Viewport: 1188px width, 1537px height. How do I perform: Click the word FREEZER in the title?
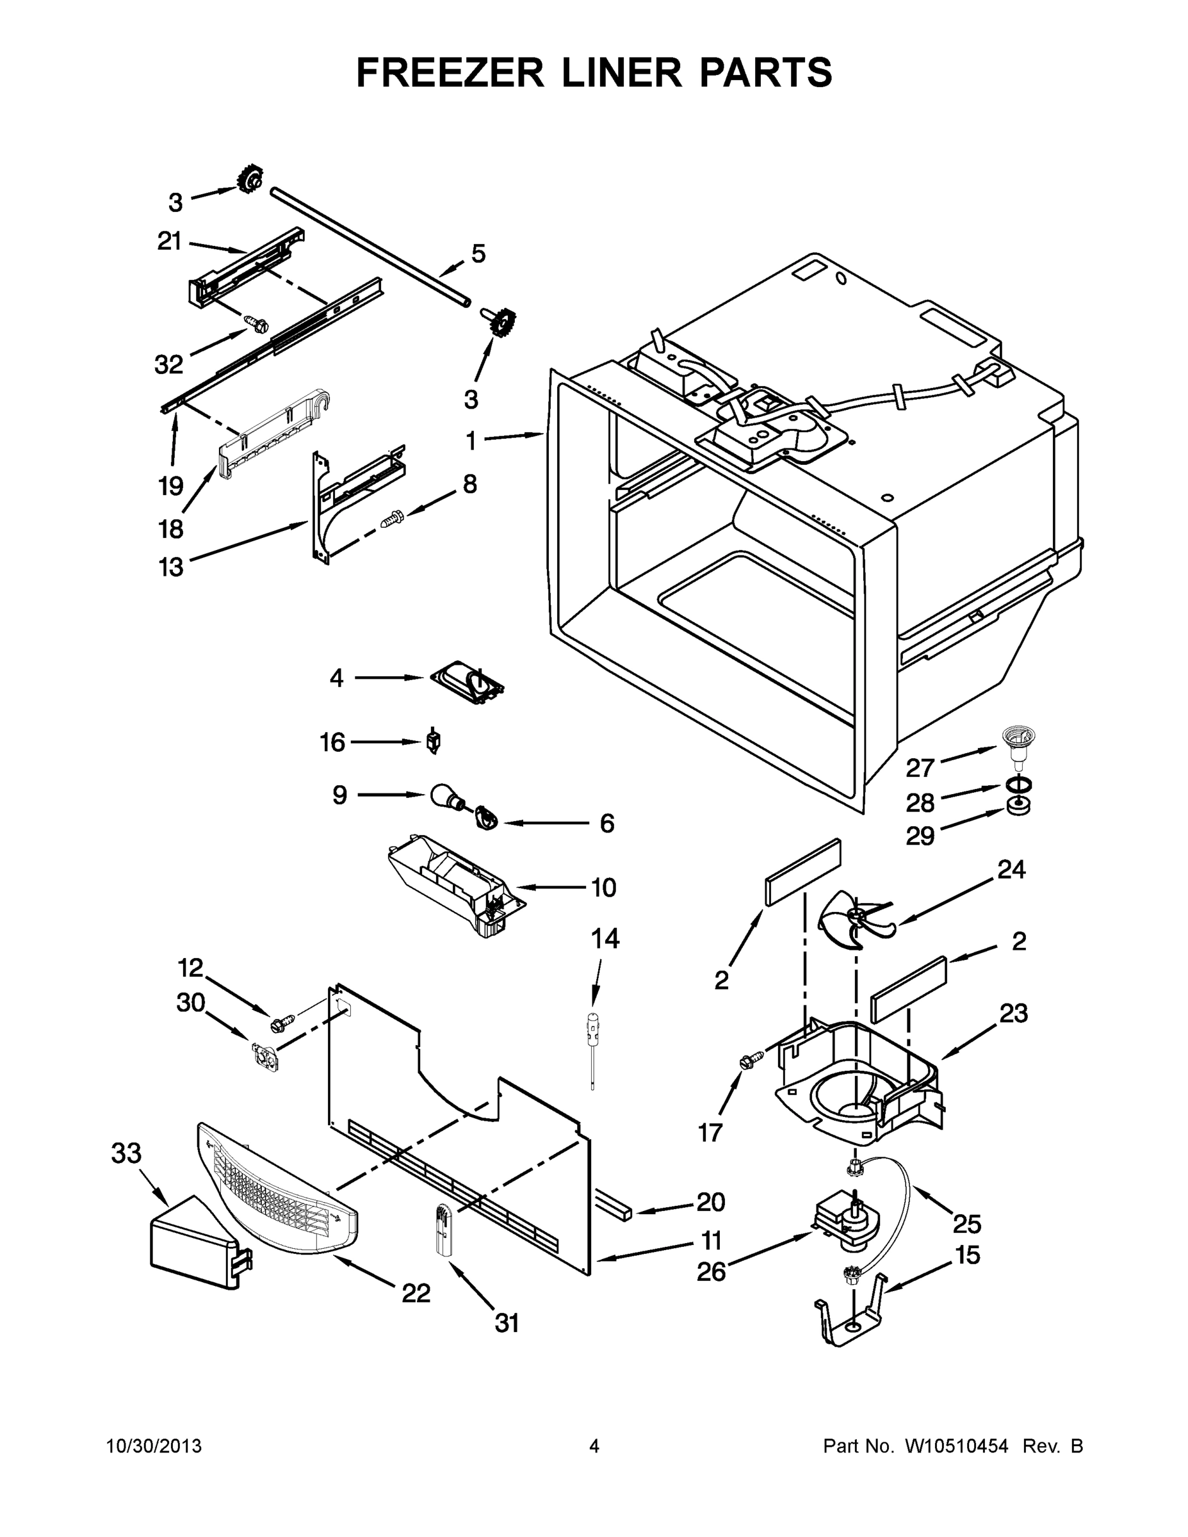(450, 72)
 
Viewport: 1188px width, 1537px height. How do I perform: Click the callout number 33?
(126, 1153)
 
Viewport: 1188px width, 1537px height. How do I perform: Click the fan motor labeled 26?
(846, 1226)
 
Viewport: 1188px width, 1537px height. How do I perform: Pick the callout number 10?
(603, 888)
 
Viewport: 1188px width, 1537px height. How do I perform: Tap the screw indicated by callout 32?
(258, 323)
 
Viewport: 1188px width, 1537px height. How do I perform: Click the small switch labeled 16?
(434, 742)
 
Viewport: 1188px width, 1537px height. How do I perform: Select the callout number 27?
(919, 768)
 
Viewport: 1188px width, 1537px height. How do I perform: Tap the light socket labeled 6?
(485, 818)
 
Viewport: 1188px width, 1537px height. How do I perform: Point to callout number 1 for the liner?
(471, 441)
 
